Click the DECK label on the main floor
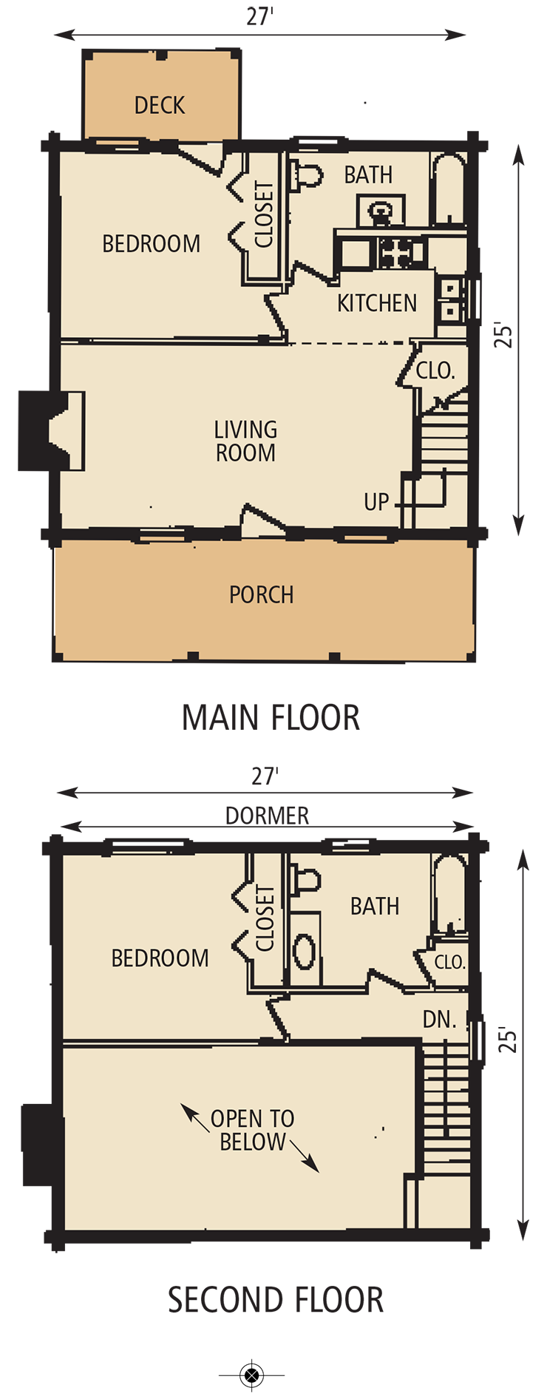[x=160, y=106]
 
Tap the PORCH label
[x=261, y=595]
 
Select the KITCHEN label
[x=377, y=303]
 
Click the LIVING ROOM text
[x=245, y=441]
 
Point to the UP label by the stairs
[x=376, y=502]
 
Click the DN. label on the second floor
[x=439, y=1020]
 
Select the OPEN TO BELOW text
[x=252, y=1130]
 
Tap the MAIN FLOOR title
[x=271, y=718]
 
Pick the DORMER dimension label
[x=267, y=816]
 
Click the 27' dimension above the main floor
[x=260, y=17]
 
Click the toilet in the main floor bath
[x=308, y=175]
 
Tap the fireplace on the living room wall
[x=68, y=431]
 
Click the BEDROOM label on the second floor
[x=160, y=958]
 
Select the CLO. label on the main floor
[x=435, y=371]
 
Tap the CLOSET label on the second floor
[x=265, y=919]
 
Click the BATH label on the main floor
[x=368, y=175]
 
